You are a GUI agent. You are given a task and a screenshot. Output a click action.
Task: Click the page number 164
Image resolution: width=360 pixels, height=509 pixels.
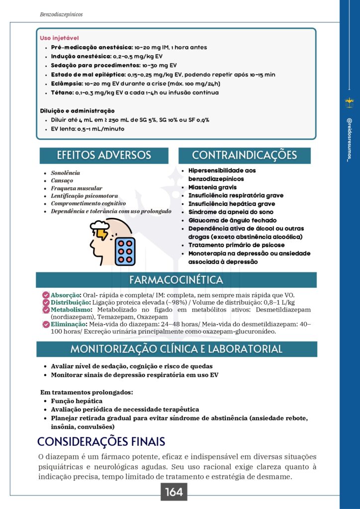point(174,492)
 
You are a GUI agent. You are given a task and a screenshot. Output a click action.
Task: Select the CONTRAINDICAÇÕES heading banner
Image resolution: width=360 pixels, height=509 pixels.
point(244,155)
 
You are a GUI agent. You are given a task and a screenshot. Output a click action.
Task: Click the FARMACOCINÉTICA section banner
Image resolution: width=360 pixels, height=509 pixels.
point(176,280)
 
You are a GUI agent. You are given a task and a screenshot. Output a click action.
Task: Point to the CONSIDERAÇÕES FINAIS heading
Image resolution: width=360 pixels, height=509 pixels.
point(101,441)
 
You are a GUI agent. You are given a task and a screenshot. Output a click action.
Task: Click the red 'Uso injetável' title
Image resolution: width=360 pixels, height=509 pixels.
point(59,38)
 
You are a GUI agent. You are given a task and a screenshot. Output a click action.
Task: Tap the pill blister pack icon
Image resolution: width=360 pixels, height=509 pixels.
point(125,251)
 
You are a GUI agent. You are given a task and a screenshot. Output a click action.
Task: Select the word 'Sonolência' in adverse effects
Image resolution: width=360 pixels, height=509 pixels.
point(65,173)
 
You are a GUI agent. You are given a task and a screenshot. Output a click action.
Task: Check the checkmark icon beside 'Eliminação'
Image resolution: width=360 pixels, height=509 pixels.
point(46,324)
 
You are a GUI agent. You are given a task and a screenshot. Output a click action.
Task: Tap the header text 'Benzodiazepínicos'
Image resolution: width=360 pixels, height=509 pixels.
point(61,14)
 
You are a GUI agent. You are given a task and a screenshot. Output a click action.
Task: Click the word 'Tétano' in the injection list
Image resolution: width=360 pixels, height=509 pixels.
point(61,92)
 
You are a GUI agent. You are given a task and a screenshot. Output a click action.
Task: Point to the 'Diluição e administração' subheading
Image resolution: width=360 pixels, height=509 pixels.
point(77,110)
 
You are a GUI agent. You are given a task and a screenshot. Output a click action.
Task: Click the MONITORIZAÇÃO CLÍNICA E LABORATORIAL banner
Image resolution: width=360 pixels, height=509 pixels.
point(176,349)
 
